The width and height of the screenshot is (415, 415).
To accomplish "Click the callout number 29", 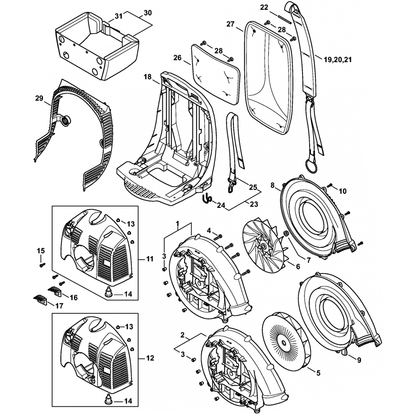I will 39,98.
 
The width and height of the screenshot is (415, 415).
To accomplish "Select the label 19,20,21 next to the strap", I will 337,60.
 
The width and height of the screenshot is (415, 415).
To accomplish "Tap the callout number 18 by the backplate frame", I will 147,77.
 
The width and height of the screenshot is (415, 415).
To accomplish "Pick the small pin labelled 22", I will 285,18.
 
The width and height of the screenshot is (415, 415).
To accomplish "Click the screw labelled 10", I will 330,185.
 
